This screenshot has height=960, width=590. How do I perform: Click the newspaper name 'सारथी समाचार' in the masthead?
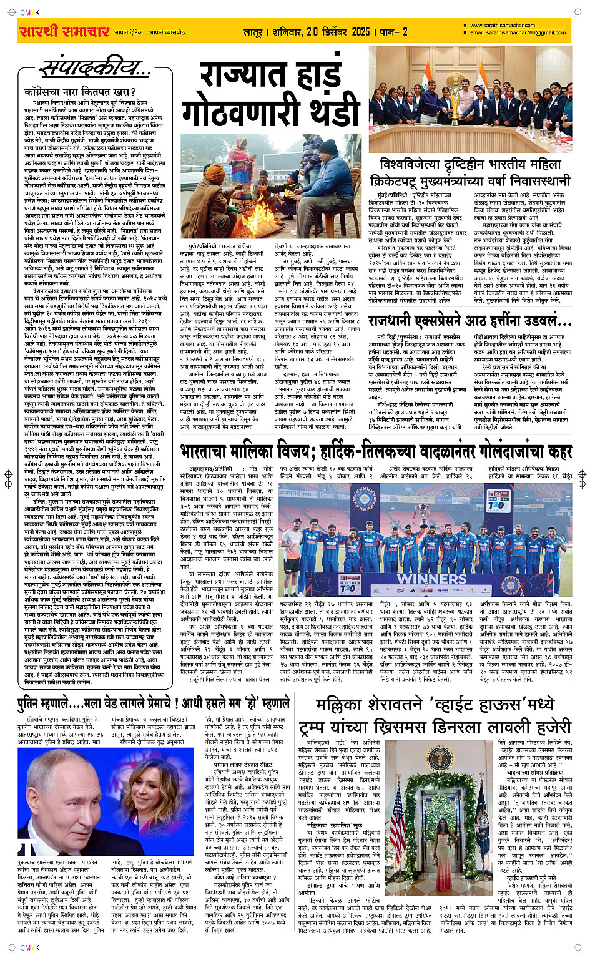(64, 31)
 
